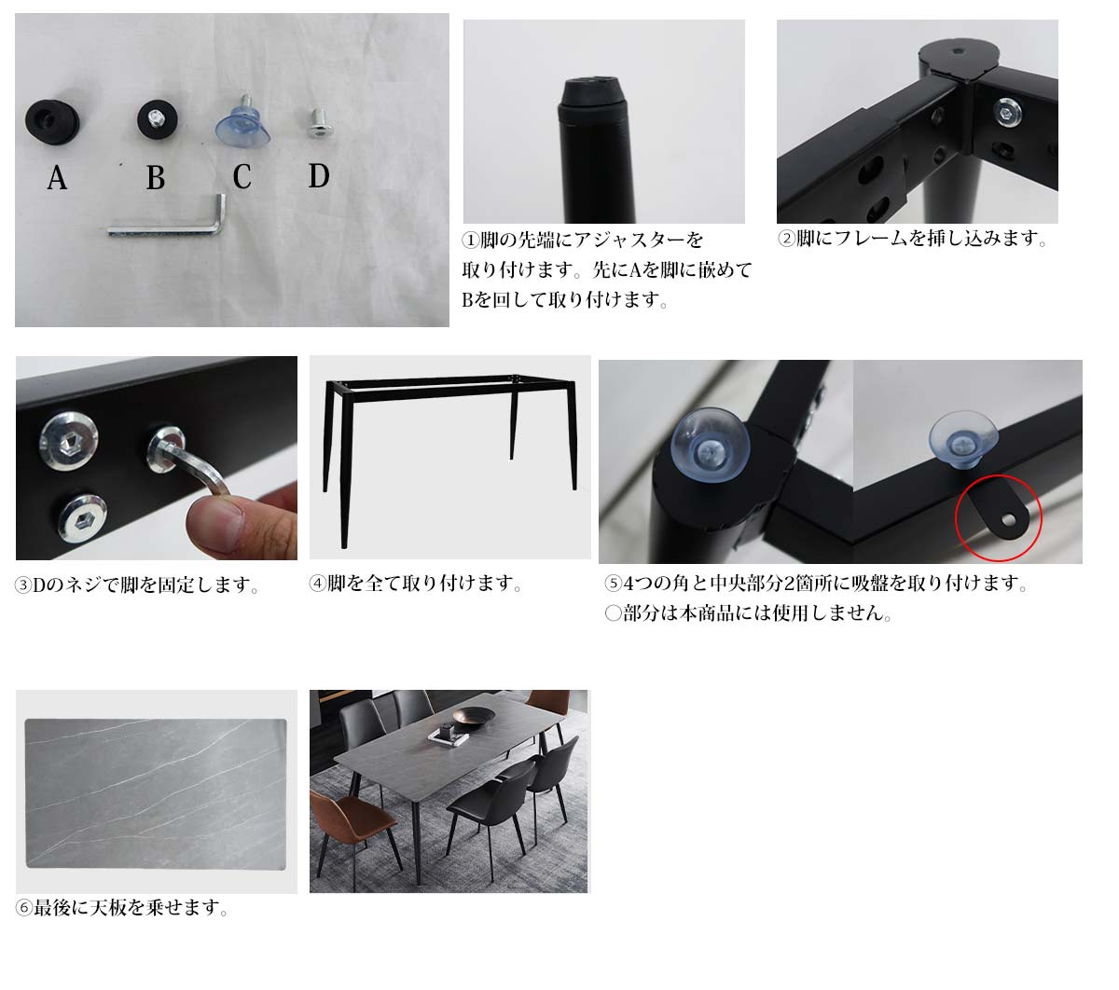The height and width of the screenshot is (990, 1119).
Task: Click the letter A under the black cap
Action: tap(57, 178)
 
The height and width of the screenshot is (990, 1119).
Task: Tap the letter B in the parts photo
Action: tap(156, 178)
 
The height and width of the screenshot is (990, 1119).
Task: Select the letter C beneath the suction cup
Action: tap(242, 177)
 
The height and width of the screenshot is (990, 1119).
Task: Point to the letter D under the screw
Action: tap(319, 176)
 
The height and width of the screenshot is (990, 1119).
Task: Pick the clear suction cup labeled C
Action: tap(243, 127)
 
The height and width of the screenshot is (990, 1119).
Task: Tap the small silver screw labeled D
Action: tap(320, 122)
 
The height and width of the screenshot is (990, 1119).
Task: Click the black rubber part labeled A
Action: tap(52, 122)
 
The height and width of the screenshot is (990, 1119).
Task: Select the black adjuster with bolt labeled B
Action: tap(158, 120)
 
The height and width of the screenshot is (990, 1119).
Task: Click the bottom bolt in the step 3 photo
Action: tap(83, 518)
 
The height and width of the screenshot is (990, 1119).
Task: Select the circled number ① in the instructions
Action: tap(471, 241)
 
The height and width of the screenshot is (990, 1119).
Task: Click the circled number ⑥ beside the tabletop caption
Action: tap(23, 908)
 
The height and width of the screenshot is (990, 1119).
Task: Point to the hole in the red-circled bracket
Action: tap(1009, 519)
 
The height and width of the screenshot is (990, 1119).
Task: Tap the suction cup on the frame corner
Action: tap(711, 445)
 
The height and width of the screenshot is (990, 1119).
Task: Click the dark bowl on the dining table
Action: tap(474, 718)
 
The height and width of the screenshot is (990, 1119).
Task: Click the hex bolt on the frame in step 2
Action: tap(1006, 113)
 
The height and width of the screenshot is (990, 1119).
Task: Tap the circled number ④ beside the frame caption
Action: tap(318, 584)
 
